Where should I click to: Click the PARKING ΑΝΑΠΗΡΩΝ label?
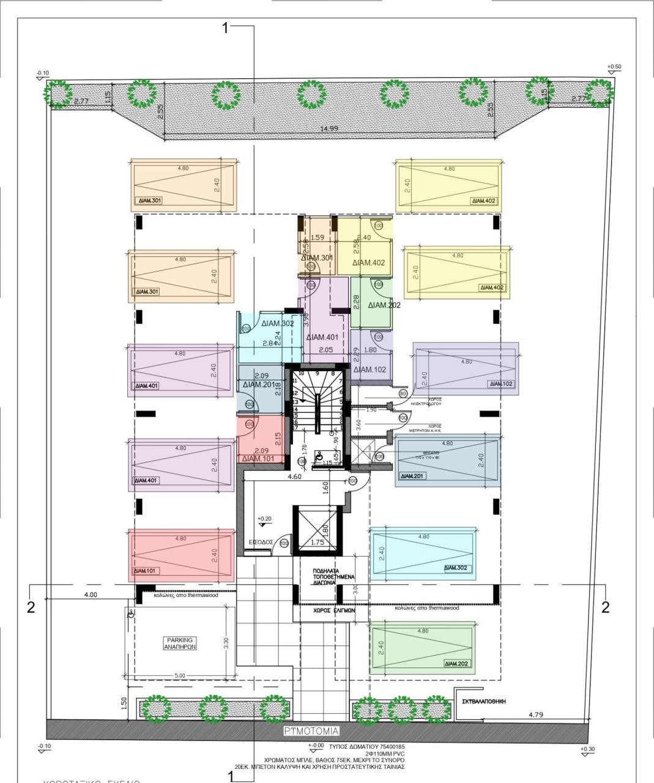point(179,643)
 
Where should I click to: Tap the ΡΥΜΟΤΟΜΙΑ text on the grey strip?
point(311,731)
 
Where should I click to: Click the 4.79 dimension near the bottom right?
point(535,714)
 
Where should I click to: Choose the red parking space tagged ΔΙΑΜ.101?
point(181,555)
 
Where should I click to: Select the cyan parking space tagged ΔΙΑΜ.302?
point(422,552)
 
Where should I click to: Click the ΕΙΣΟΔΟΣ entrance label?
point(261,543)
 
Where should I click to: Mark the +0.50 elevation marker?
point(614,67)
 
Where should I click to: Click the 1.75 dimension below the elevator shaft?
point(317,542)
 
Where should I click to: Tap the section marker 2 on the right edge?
point(605,607)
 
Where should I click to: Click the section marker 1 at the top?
point(226,28)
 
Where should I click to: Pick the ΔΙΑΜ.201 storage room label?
point(261,385)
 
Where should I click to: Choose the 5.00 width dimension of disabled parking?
point(179,675)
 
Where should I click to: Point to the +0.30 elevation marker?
point(588,749)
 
